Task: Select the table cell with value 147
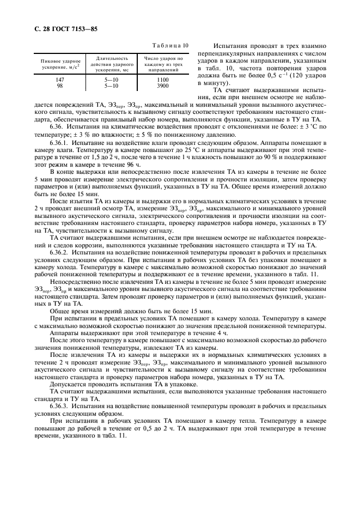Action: pyautogui.click(x=60, y=80)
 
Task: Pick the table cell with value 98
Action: pyautogui.click(x=60, y=86)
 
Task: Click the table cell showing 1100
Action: pyautogui.click(x=163, y=80)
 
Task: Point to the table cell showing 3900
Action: pyautogui.click(x=163, y=86)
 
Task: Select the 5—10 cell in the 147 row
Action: pyautogui.click(x=112, y=80)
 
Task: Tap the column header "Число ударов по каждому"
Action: pyautogui.click(x=163, y=64)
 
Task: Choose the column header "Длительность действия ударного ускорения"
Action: pyautogui.click(x=112, y=64)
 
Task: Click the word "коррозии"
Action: pyautogui.click(x=76, y=247)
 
